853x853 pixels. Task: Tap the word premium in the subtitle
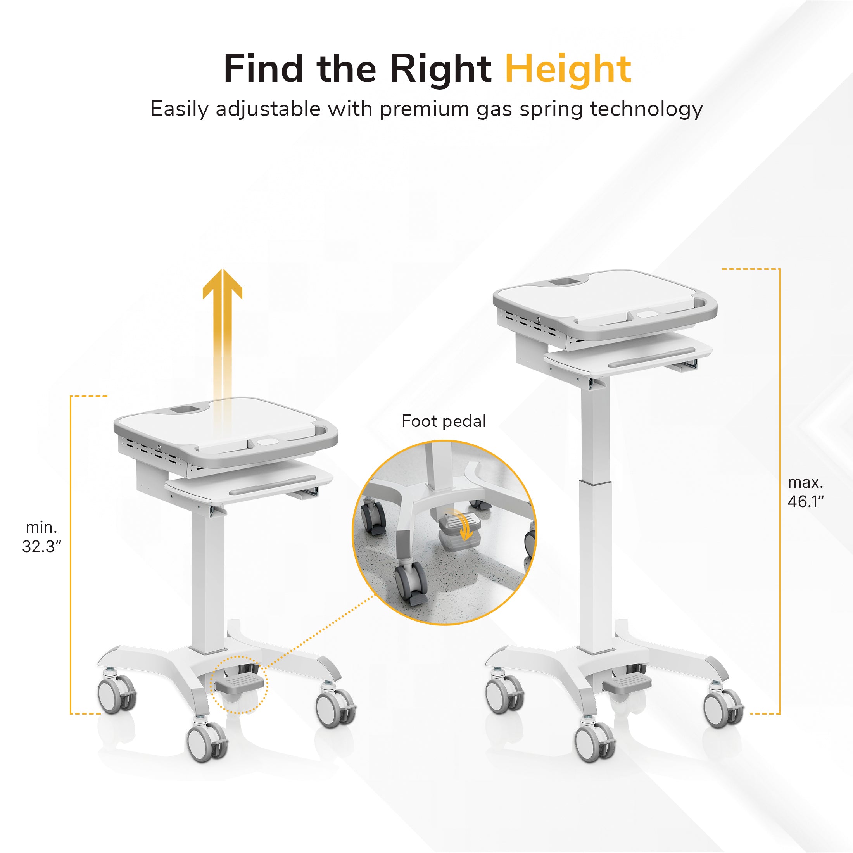click(x=424, y=109)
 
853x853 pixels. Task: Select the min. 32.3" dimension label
click(x=41, y=537)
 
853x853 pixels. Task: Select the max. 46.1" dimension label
click(x=805, y=492)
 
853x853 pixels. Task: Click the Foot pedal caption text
click(x=444, y=421)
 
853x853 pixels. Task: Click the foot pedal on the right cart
click(x=627, y=684)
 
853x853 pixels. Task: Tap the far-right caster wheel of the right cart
click(x=723, y=708)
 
